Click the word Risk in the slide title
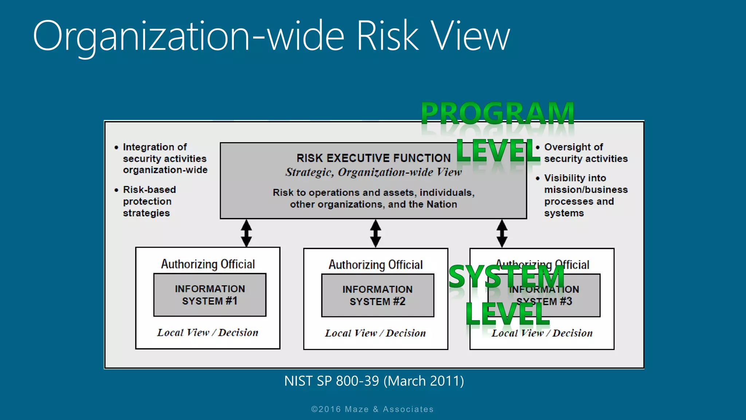pos(388,36)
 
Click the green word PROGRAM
pos(498,114)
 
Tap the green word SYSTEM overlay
pos(506,276)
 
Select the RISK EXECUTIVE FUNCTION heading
pos(373,158)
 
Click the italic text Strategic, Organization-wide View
pos(373,172)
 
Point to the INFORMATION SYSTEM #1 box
pos(210,295)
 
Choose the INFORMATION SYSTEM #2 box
pos(377,295)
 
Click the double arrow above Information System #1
pos(247,233)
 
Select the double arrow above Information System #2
pos(376,233)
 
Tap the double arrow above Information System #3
pos(502,233)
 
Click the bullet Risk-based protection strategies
pos(149,201)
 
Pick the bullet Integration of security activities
pos(165,159)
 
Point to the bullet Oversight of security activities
pos(585,153)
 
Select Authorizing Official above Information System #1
pos(208,264)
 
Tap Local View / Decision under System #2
pos(375,333)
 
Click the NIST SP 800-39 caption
pos(374,381)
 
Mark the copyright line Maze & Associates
pos(372,409)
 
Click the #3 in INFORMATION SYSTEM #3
pos(566,302)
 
